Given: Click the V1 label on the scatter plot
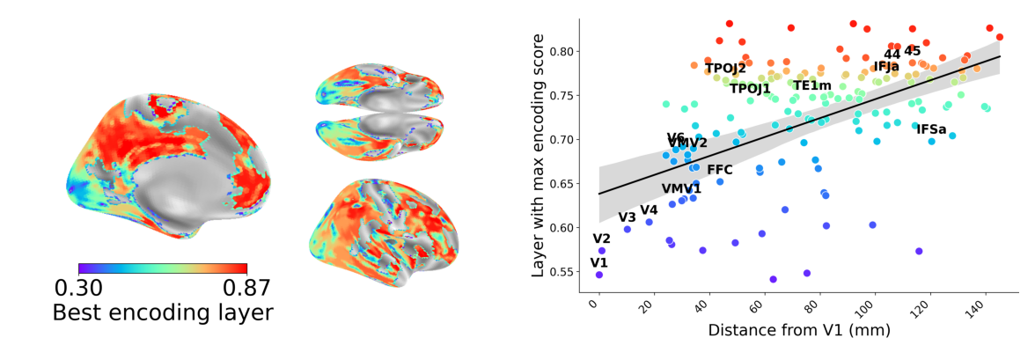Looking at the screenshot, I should pos(598,262).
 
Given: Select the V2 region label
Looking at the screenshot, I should pos(601,239).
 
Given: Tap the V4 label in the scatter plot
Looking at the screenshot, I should pos(649,209).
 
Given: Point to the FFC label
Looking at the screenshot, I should pos(720,169).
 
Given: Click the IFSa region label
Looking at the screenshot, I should pos(931,129).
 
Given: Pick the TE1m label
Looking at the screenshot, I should pos(812,85).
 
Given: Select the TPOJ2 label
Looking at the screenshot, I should pos(725,68).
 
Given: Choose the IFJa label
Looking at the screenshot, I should pos(886,66).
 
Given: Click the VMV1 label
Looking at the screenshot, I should pos(681,188).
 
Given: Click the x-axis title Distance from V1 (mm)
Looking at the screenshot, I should pos(799,331).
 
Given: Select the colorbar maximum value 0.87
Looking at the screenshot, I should pos(246,288).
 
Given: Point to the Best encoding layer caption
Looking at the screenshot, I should pos(163,312).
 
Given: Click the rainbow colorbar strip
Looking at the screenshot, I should pos(163,268).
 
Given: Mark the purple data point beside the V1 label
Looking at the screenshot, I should pos(598,275).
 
